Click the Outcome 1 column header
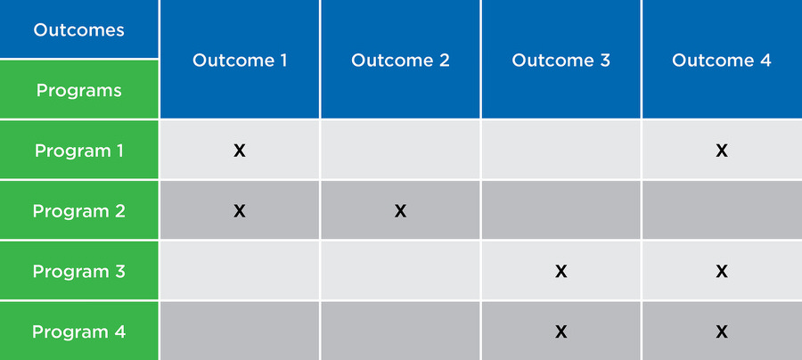coord(240,61)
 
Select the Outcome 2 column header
coord(400,61)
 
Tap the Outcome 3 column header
coord(561,61)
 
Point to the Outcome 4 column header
coord(721,61)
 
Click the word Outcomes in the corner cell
coord(78,29)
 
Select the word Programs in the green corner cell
coord(78,91)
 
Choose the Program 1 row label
coord(78,151)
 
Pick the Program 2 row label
coord(78,211)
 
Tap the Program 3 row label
coord(78,272)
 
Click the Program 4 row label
coord(78,331)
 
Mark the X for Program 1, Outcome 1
coord(240,151)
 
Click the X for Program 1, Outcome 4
coord(722,151)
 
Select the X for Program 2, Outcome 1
coord(240,211)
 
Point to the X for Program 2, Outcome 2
coord(400,211)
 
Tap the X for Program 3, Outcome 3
coord(561,272)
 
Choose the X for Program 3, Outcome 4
coord(722,272)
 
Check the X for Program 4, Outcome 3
coord(561,331)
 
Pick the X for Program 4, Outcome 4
coord(722,331)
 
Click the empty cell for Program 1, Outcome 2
coord(400,150)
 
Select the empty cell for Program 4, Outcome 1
coord(240,331)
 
